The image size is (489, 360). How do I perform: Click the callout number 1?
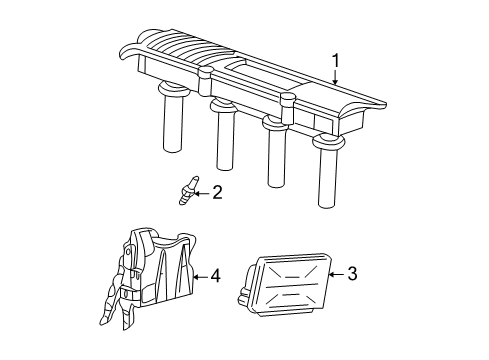coord(336,61)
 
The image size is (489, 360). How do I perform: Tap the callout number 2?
coord(217,192)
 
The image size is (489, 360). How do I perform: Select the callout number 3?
coord(352,274)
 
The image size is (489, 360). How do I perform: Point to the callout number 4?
coord(215,276)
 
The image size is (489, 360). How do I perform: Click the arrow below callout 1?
coord(335,77)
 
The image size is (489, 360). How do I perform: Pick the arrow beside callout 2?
coord(202,193)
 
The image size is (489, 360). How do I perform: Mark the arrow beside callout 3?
coord(337,274)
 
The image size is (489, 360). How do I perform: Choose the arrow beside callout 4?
coord(201,276)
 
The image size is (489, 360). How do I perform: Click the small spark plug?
coord(188,190)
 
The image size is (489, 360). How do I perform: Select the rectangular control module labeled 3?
coord(288,284)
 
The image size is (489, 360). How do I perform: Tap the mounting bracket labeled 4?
coord(148,277)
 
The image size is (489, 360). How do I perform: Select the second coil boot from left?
coord(226,135)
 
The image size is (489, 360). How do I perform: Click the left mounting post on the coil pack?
coord(205,81)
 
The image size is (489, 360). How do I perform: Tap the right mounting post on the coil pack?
coord(288,108)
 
